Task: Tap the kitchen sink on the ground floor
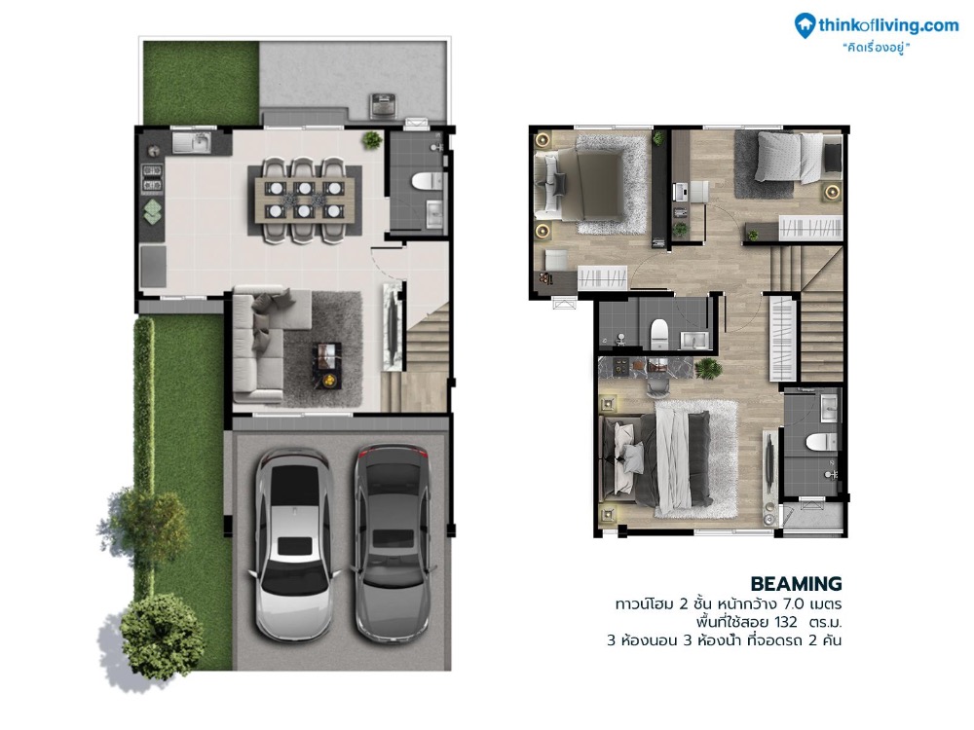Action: point(192,145)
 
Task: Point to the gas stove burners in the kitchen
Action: point(153,177)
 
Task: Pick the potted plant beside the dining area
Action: point(371,140)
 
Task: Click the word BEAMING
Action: point(797,584)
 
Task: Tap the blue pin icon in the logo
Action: point(805,24)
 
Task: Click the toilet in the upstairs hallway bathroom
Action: point(657,332)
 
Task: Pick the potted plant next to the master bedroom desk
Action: point(708,368)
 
